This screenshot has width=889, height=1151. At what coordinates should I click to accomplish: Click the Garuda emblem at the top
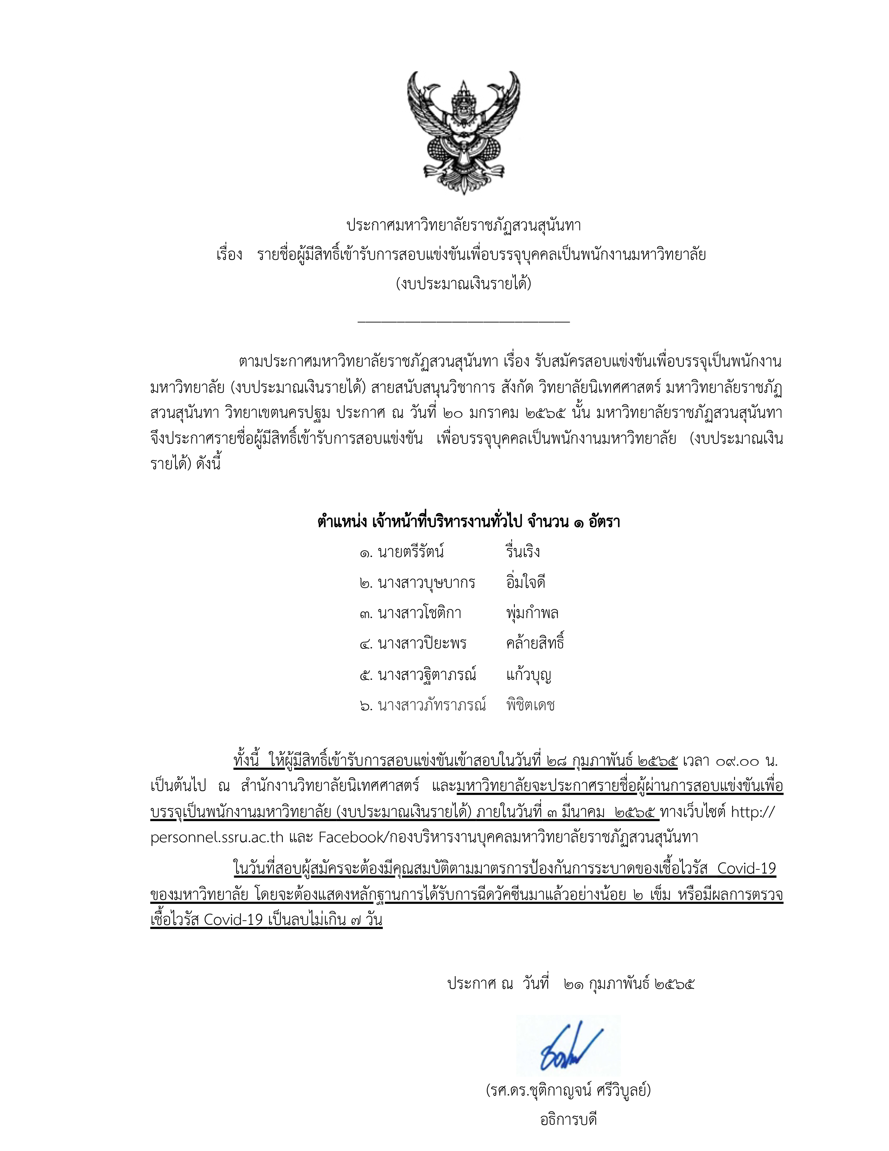coord(463,133)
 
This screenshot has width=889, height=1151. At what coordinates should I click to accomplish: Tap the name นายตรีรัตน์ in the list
coord(411,552)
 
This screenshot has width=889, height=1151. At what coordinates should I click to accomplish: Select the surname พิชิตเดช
coord(530,705)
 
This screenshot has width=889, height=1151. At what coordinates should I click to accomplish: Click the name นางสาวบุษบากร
coord(426,582)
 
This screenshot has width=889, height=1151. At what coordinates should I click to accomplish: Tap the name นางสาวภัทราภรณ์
coord(432,705)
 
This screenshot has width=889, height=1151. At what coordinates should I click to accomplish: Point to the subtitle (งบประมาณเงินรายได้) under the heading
coord(463,284)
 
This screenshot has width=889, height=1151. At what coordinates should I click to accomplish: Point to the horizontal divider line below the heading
coord(463,320)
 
